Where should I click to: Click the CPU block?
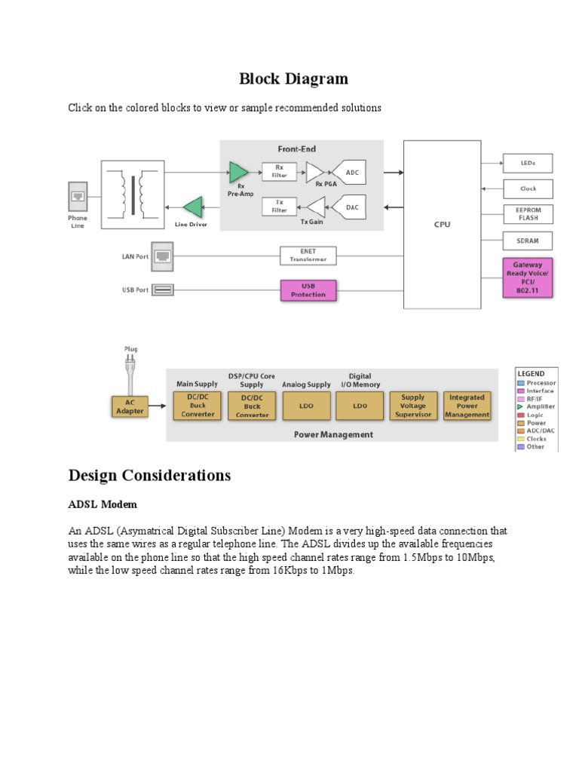click(x=442, y=224)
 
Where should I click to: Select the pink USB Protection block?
click(x=308, y=289)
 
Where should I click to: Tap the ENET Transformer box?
click(x=308, y=256)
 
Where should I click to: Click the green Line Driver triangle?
click(x=194, y=207)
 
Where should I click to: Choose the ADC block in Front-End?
click(x=352, y=173)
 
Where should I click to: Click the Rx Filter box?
click(x=280, y=173)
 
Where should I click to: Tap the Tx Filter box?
click(x=280, y=206)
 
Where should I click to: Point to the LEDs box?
click(x=528, y=163)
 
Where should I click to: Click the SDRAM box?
click(x=528, y=241)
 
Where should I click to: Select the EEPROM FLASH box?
click(x=528, y=214)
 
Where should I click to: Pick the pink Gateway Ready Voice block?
click(x=528, y=277)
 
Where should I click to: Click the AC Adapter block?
click(x=130, y=406)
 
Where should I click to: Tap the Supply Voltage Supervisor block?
click(x=413, y=406)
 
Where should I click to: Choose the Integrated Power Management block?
click(x=467, y=406)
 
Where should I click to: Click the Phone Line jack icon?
click(x=78, y=198)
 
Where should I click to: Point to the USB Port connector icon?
click(x=162, y=289)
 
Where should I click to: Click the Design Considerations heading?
click(x=149, y=476)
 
